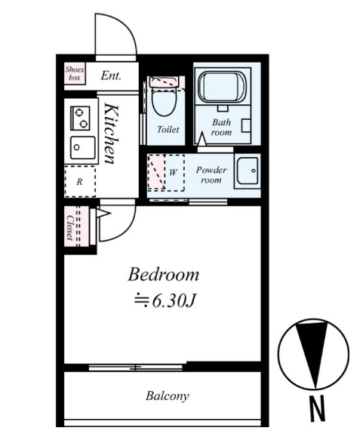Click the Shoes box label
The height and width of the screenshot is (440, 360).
[x=75, y=73]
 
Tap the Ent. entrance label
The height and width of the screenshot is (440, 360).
[x=111, y=75]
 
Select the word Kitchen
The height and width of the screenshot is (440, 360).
[x=110, y=134]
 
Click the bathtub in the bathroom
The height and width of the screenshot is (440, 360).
[x=222, y=87]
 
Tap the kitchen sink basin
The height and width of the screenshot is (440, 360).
[x=83, y=148]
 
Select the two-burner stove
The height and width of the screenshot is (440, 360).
[x=80, y=118]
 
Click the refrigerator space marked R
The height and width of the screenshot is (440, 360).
[x=80, y=182]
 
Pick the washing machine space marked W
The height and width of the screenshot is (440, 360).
[x=174, y=172]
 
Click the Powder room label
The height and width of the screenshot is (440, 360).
[x=211, y=174]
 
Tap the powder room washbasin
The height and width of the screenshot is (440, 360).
[x=248, y=171]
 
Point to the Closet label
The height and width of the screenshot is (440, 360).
[x=69, y=228]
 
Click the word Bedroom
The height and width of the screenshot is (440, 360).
[x=163, y=274]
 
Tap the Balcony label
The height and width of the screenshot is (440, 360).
[x=168, y=396]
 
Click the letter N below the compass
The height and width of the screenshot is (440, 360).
[x=317, y=408]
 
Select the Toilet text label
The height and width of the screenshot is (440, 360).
[x=168, y=129]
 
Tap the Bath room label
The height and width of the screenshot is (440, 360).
[x=221, y=127]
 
